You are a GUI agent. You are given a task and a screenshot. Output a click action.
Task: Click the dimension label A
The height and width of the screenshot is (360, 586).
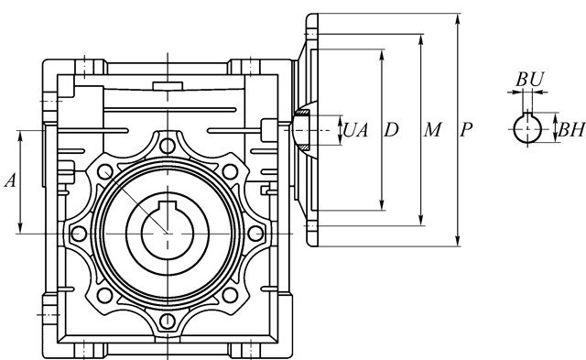click(10, 180)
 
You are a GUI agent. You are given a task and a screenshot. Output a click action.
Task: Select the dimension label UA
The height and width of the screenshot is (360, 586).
click(355, 130)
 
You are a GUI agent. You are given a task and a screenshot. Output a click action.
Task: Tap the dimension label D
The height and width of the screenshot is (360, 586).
click(391, 130)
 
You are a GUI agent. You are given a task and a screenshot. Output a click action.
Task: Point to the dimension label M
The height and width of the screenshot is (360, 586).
click(432, 130)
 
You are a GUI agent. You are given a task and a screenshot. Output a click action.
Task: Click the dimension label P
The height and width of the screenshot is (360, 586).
click(466, 130)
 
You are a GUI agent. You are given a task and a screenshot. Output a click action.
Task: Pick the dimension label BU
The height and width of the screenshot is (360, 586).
click(530, 80)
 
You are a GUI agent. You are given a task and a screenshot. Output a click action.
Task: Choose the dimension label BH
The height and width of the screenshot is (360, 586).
click(571, 130)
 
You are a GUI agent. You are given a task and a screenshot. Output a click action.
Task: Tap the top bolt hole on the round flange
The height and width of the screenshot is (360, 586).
click(168, 146)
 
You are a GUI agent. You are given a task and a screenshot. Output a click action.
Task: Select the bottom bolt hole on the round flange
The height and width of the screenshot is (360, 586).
click(168, 321)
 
